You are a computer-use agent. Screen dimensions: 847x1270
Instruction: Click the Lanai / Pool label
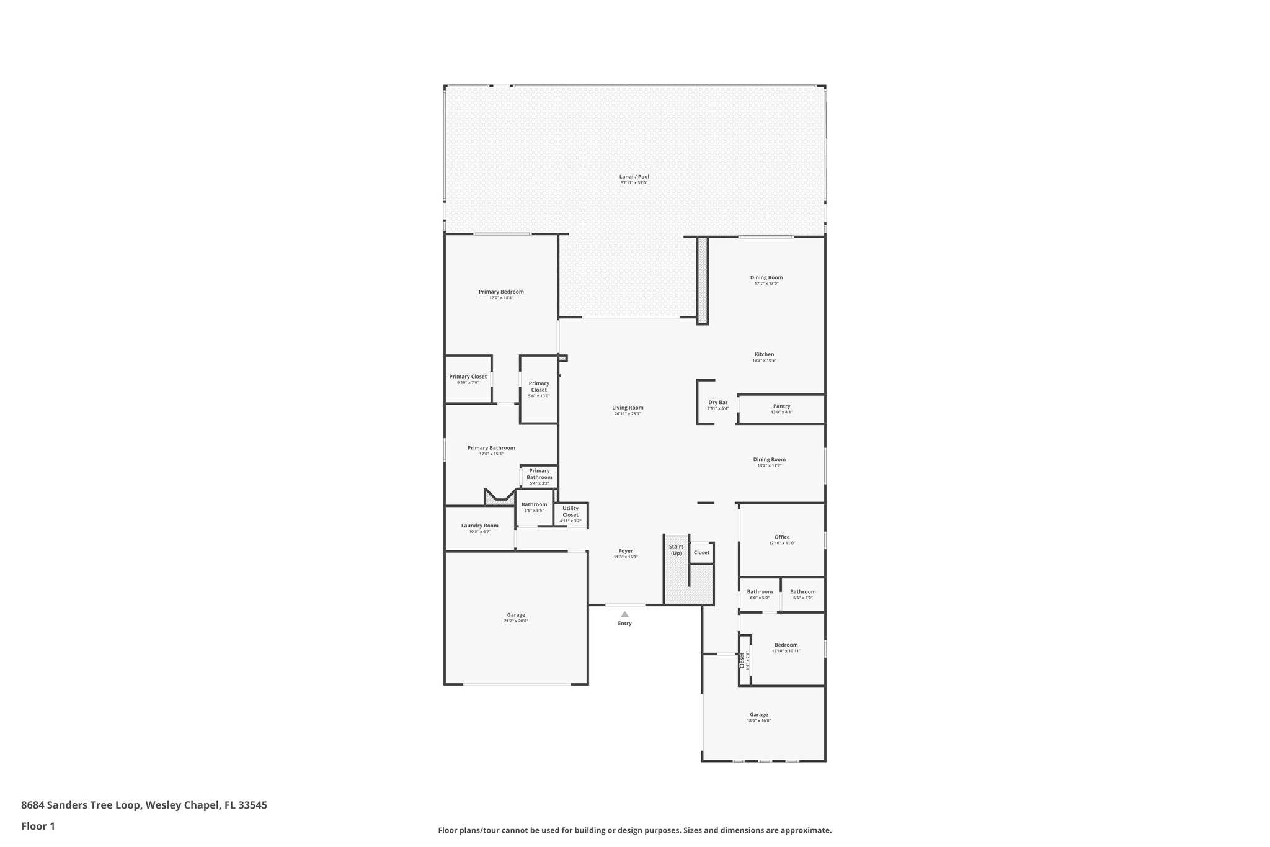(634, 177)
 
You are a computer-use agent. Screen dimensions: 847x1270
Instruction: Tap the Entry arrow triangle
(624, 614)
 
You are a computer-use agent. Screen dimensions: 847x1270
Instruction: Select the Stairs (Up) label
(676, 550)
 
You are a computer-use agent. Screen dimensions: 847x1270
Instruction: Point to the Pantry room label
(781, 406)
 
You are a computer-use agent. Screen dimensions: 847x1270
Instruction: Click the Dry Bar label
(717, 403)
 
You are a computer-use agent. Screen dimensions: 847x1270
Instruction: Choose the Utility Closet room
(571, 514)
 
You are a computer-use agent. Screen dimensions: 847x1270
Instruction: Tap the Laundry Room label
(479, 526)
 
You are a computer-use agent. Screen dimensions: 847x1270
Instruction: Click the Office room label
(782, 537)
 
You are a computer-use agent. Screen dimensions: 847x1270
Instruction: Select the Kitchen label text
(764, 354)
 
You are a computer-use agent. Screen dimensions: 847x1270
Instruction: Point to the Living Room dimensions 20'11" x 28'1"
(628, 414)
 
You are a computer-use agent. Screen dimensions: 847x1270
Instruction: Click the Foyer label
(626, 551)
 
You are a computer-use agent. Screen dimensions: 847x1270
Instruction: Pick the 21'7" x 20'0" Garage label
(515, 621)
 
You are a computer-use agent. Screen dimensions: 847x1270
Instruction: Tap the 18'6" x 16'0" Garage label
(758, 720)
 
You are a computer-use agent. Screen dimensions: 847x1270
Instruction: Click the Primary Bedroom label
(501, 292)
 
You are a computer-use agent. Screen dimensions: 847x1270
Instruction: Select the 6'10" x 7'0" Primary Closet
(468, 379)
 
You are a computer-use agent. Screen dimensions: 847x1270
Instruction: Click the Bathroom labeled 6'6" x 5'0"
(802, 594)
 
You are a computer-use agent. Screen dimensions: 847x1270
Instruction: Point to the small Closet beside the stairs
(701, 552)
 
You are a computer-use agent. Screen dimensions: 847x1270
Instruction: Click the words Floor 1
(38, 826)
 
